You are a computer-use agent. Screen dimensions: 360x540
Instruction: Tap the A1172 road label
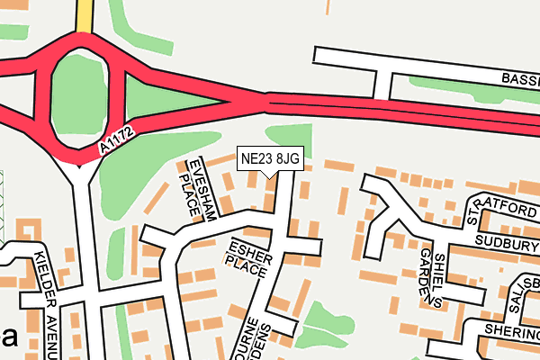[118, 139]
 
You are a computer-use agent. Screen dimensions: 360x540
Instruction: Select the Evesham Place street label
[193, 187]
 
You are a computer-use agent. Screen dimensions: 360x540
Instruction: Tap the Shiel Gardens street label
[432, 277]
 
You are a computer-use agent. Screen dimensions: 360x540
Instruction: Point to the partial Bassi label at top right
[519, 80]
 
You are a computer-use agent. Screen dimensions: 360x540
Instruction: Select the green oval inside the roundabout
[80, 94]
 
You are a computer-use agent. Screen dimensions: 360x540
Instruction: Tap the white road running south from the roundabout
[82, 234]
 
